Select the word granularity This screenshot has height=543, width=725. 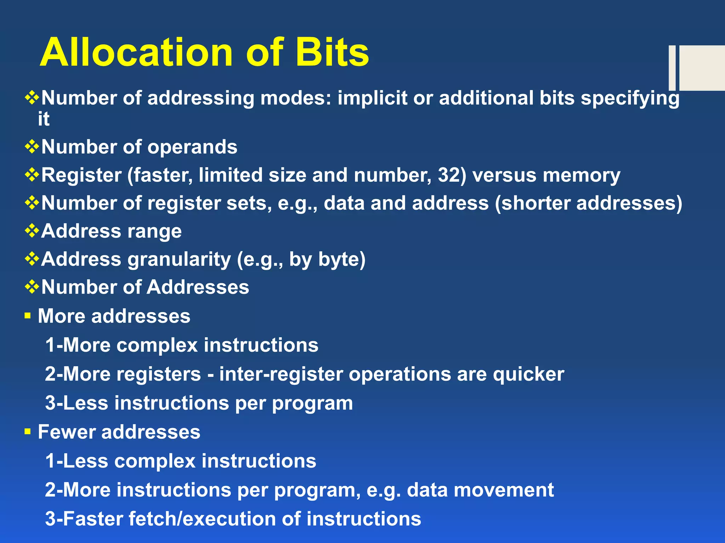[179, 259]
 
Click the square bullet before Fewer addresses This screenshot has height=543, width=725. [28, 431]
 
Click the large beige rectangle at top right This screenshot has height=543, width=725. [702, 68]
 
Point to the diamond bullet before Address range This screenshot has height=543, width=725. [32, 230]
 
